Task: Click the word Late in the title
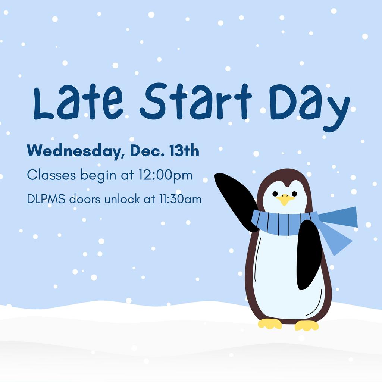pyautogui.click(x=78, y=101)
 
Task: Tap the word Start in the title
pyautogui.click(x=195, y=101)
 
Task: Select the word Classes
pyautogui.click(x=51, y=175)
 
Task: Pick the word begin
pyautogui.click(x=98, y=175)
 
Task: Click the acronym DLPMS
pyautogui.click(x=46, y=199)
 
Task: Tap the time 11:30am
pyautogui.click(x=181, y=199)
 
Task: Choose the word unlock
pyautogui.click(x=122, y=199)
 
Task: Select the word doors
pyautogui.click(x=85, y=199)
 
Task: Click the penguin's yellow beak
pyautogui.click(x=285, y=199)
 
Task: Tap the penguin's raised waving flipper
pyautogui.click(x=236, y=201)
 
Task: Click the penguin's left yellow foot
pyautogui.click(x=270, y=323)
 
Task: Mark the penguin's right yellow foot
pyautogui.click(x=307, y=325)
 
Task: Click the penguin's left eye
pyautogui.click(x=275, y=194)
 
